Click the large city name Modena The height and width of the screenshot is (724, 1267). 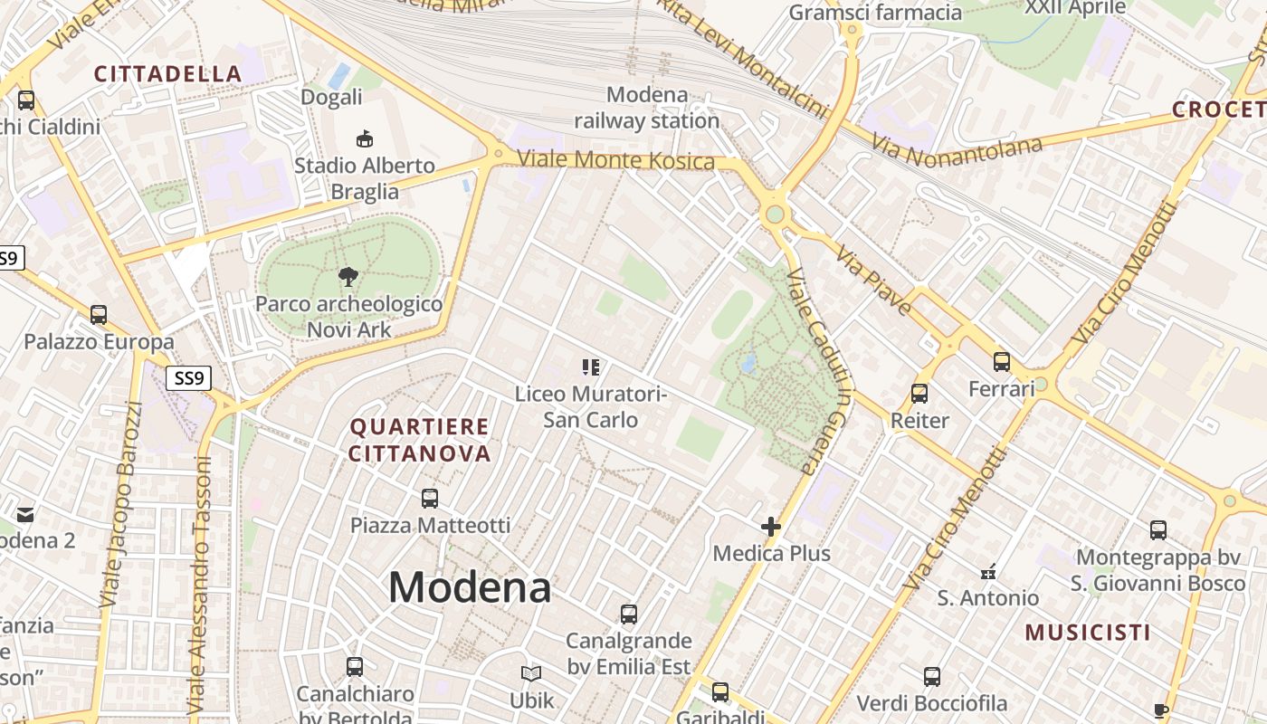click(x=470, y=587)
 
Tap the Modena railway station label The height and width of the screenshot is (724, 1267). click(x=647, y=107)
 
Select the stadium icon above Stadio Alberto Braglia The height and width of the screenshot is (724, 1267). click(x=365, y=138)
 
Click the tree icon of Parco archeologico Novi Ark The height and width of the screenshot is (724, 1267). click(x=348, y=277)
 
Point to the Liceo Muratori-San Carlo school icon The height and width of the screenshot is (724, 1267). click(x=591, y=367)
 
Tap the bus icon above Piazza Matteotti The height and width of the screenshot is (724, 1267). click(x=430, y=498)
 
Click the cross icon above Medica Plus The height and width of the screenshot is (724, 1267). click(x=771, y=526)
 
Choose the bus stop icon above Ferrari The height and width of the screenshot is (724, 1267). click(x=1002, y=362)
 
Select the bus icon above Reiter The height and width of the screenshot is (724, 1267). click(x=919, y=394)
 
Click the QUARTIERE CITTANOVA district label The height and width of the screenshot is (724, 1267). click(x=420, y=440)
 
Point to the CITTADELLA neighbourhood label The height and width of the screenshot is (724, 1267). click(x=168, y=74)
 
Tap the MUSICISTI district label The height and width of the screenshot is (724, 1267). click(x=1088, y=633)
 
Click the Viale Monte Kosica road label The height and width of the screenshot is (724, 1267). click(x=615, y=161)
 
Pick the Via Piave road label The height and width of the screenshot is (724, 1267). click(x=873, y=280)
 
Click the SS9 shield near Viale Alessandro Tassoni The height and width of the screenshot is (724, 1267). click(x=188, y=377)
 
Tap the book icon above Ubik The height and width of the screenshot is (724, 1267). click(x=531, y=673)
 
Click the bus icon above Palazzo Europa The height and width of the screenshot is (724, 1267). click(x=99, y=315)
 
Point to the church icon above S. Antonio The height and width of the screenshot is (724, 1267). click(x=988, y=571)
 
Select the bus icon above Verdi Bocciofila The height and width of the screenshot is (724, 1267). click(x=932, y=677)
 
